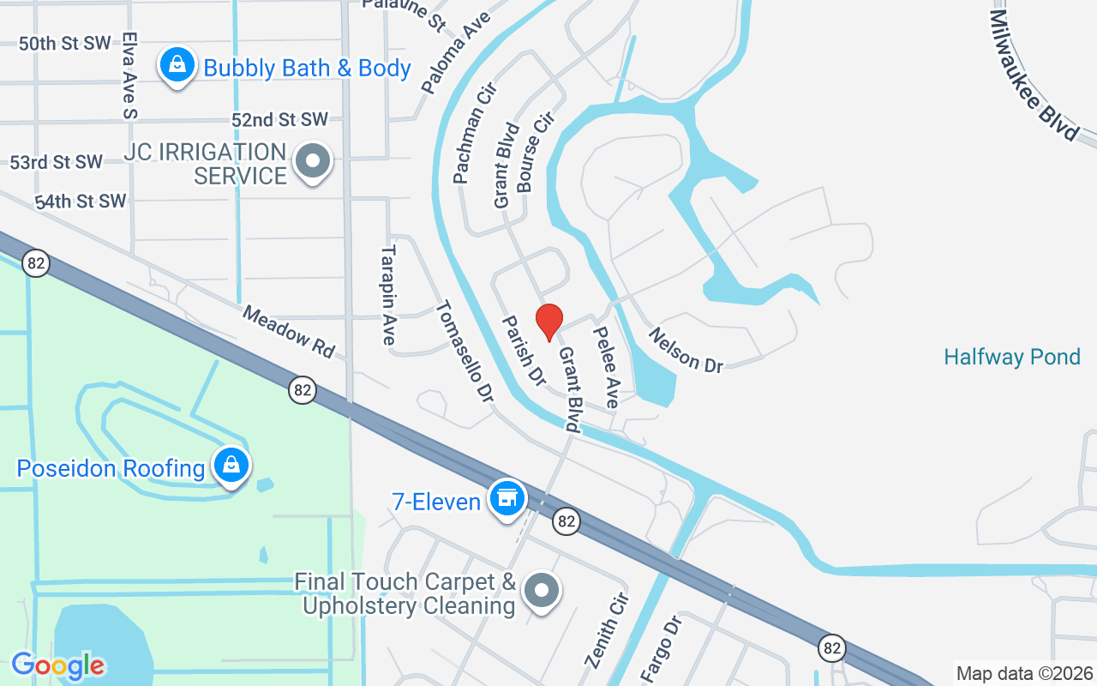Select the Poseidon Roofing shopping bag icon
231,466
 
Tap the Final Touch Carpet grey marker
541,591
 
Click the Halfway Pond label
1011,357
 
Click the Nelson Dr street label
686,350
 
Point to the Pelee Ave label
606,367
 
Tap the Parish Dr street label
524,350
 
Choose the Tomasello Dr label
465,352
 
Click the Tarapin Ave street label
388,296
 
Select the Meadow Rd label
288,331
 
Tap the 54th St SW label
81,202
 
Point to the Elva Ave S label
129,75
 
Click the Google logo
58,665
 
